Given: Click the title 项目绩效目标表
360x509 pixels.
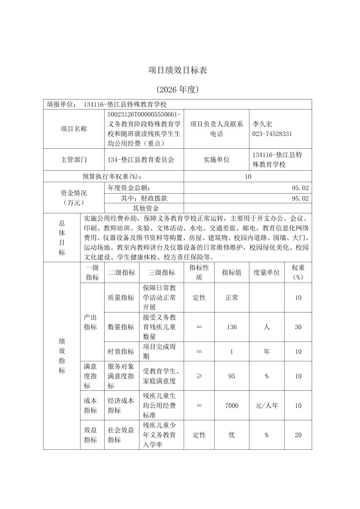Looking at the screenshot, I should (178, 70).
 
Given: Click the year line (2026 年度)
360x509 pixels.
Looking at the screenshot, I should (178, 89).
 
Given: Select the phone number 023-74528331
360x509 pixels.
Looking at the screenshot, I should (272, 134).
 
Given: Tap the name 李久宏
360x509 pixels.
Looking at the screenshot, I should (262, 124).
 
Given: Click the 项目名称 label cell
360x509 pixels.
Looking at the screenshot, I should (74, 129).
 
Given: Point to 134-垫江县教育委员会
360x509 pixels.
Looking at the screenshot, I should (141, 160).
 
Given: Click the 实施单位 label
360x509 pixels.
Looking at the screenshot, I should (216, 160).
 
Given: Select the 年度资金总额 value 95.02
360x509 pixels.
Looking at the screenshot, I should (300, 188).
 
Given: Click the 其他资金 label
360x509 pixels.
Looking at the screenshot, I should (145, 208).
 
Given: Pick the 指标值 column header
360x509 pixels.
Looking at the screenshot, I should (232, 273).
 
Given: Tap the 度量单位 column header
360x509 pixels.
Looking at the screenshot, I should (266, 273).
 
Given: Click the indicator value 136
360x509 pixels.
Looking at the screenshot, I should (232, 327).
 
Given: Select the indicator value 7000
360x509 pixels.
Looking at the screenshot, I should (232, 406).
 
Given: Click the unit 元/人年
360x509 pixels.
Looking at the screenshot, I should (266, 406).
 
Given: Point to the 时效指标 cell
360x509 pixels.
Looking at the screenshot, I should (121, 352).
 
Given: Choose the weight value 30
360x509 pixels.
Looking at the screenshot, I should (298, 327).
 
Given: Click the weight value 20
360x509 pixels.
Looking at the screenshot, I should (298, 435).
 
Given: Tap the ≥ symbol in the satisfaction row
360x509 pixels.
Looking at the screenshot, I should (199, 376).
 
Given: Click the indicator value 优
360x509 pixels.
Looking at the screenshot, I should (232, 435).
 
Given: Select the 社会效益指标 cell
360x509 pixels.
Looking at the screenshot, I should (121, 435).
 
